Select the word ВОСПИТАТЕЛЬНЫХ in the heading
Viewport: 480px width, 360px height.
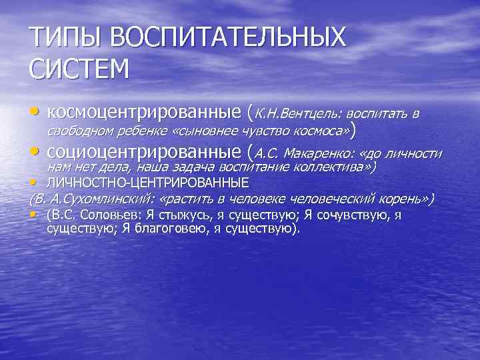tap(229, 37)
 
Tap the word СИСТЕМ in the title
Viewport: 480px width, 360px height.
tap(78, 69)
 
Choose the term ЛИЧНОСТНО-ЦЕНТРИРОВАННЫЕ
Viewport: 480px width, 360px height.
tap(148, 182)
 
